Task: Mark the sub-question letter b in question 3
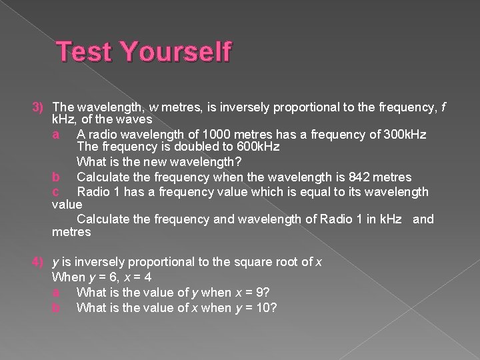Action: tap(56, 177)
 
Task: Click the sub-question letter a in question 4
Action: tap(56, 292)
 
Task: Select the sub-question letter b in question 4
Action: tap(56, 307)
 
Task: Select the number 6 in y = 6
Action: tap(119, 277)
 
